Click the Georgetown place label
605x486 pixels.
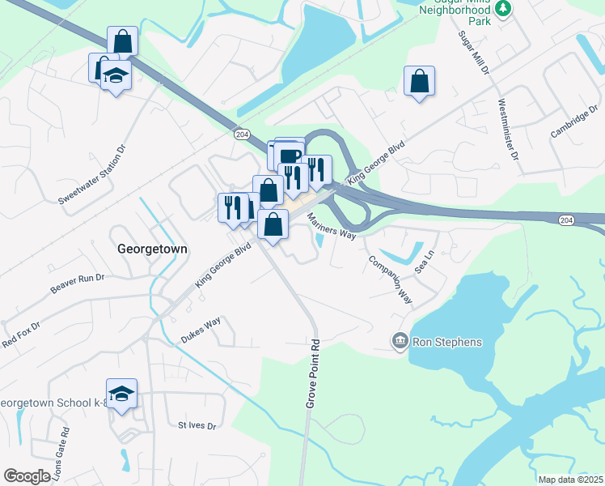pos(152,249)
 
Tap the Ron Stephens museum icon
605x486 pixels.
pos(399,342)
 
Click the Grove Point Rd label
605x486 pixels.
pos(310,373)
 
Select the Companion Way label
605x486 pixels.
pos(389,280)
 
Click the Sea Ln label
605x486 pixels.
pos(425,259)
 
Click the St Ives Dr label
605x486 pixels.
pos(197,425)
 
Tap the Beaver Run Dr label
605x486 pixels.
pos(78,283)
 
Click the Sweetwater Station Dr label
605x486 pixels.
pos(93,174)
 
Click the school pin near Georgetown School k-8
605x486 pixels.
pos(121,394)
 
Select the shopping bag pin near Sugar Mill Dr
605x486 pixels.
pos(419,81)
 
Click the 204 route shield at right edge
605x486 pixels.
pos(567,220)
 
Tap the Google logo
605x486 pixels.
pos(27,476)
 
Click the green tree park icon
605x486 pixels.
pos(504,9)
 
